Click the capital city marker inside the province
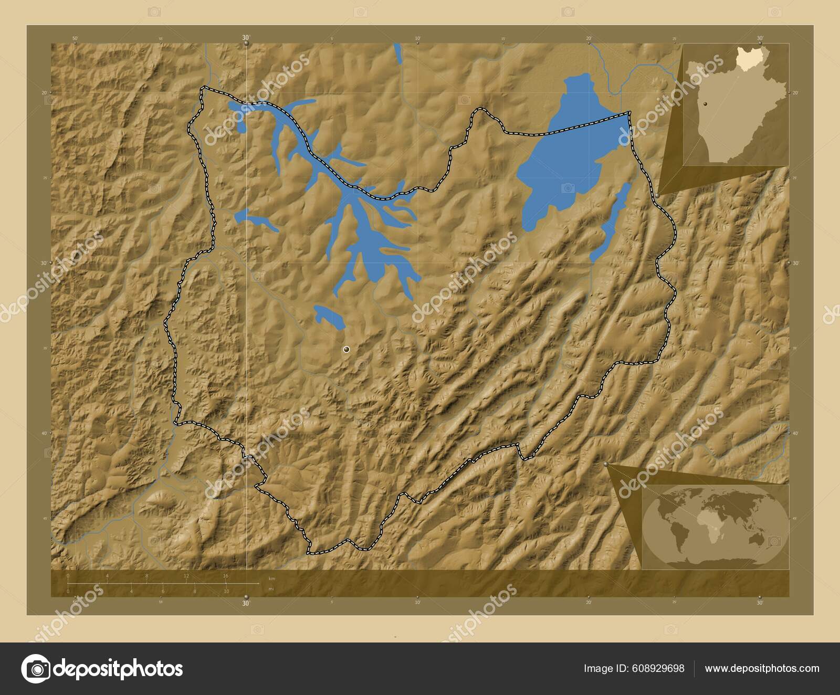coord(346,349)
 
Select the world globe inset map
coord(715,525)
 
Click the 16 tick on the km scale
coord(226,576)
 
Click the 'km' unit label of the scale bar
coord(271,578)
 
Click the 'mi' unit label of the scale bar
coord(271,589)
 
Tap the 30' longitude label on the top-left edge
coord(246,38)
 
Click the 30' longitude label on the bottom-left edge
coord(246,604)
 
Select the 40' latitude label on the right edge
coord(795,433)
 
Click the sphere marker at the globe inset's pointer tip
coord(606,465)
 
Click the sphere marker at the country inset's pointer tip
coord(657,195)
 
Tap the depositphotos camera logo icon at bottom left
coord(35,669)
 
